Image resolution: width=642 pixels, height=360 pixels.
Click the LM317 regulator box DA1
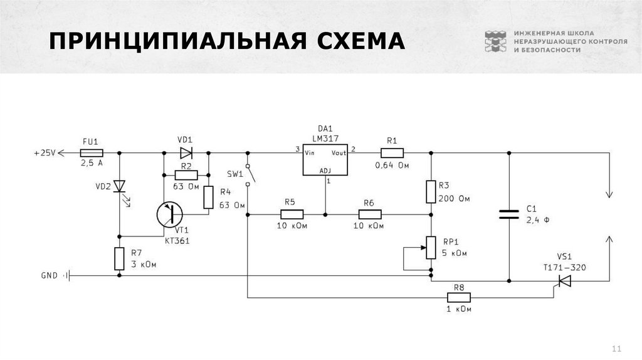[325, 161]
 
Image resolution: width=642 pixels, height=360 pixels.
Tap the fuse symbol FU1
[92, 152]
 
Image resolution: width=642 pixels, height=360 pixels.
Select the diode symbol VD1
[186, 152]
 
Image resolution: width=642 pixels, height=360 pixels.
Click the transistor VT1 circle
[171, 214]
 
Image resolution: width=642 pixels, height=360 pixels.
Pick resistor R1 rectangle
[392, 152]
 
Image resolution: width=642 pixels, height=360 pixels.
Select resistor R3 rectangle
[431, 191]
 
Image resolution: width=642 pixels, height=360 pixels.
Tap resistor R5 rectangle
[290, 214]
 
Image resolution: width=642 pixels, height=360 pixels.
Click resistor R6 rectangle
[369, 214]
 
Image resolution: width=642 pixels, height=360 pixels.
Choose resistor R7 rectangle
[119, 259]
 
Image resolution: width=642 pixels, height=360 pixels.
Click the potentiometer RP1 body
[431, 247]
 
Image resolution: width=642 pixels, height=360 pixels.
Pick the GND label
[49, 275]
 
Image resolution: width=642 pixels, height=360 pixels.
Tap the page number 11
[615, 349]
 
